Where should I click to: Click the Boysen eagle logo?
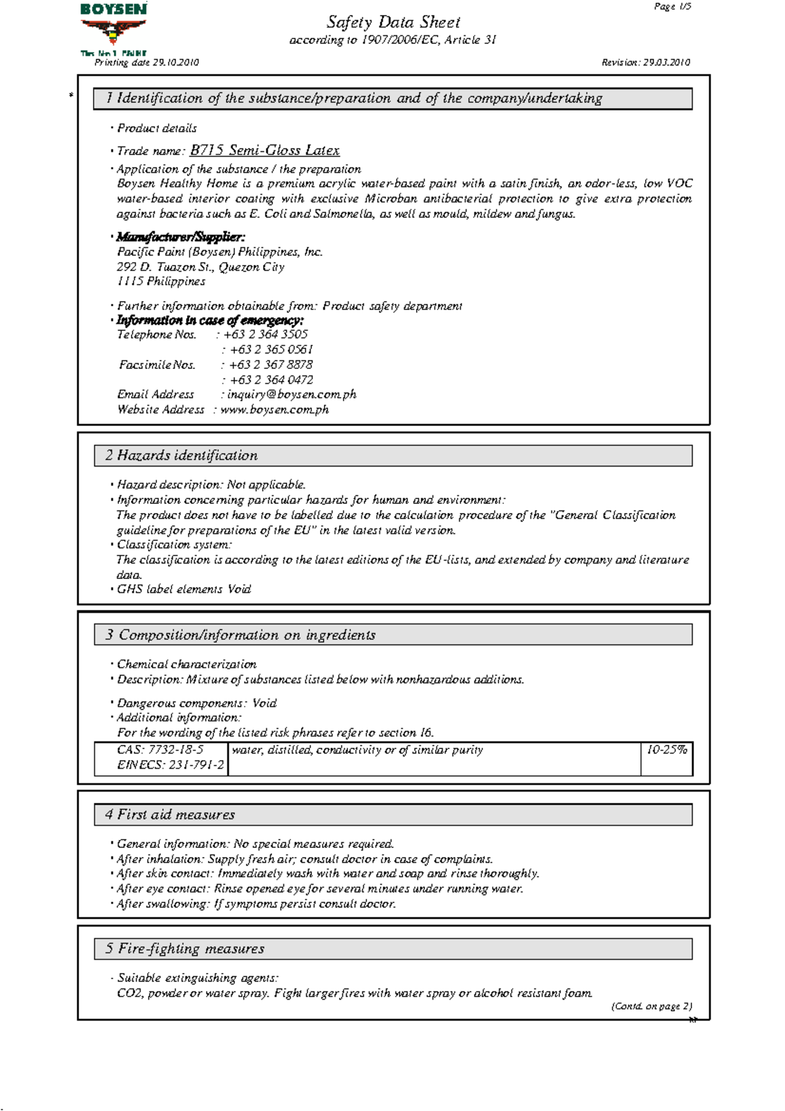[x=113, y=29]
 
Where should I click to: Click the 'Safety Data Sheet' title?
[x=393, y=22]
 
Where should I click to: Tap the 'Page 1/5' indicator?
[x=672, y=7]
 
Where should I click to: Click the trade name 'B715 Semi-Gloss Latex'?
[x=264, y=150]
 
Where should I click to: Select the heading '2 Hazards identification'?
[x=181, y=455]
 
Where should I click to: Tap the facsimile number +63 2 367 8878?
[x=270, y=364]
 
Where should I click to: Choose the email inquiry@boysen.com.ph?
[x=291, y=395]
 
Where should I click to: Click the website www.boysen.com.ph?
[x=274, y=410]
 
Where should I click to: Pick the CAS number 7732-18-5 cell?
[x=160, y=750]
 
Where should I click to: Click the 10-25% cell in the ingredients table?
[x=667, y=750]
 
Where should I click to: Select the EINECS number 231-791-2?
[x=170, y=765]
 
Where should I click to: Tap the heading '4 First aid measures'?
[x=169, y=815]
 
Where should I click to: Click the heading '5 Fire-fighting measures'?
[x=184, y=949]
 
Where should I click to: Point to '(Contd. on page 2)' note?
[x=651, y=1006]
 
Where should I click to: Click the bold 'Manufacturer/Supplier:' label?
[x=181, y=237]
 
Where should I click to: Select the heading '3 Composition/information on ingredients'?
[x=240, y=635]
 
